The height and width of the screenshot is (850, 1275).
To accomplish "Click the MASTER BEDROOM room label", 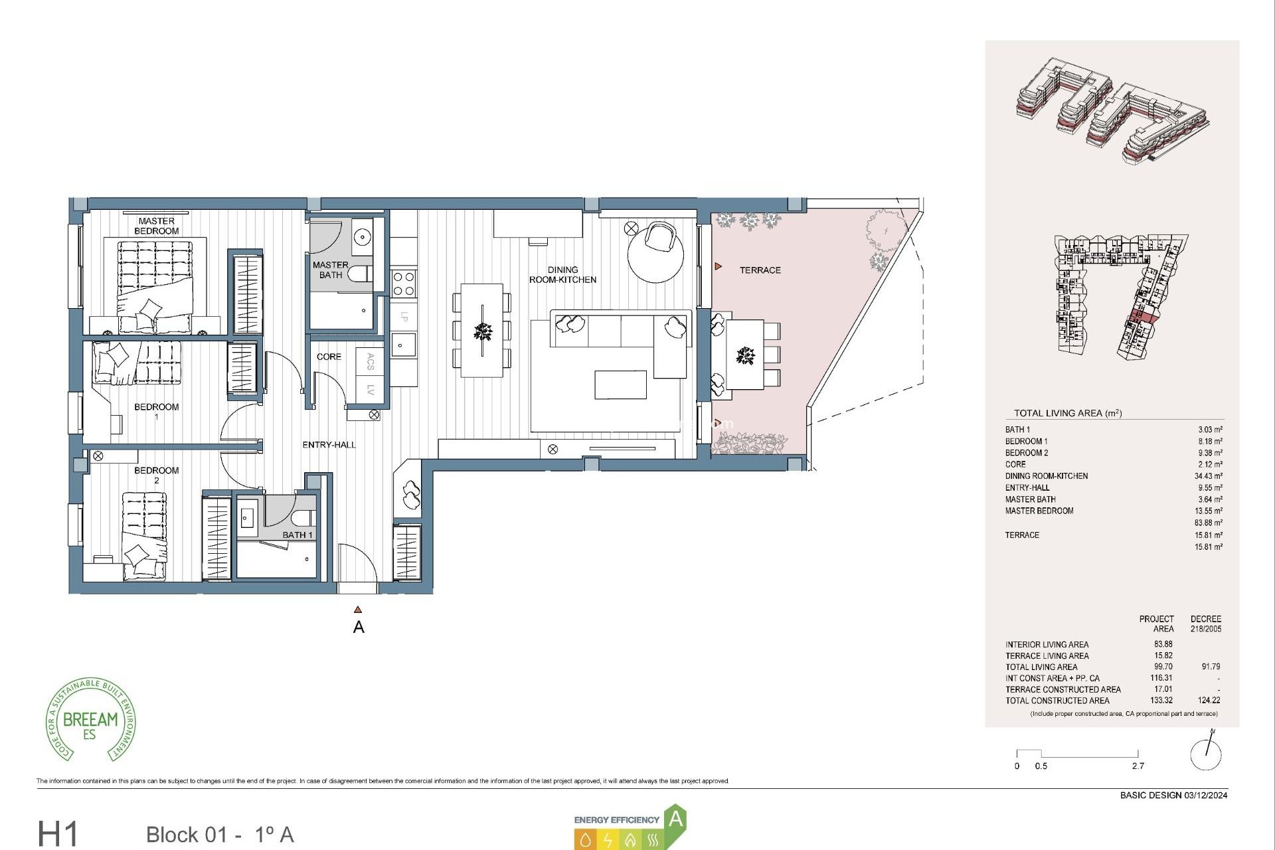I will click(x=156, y=226).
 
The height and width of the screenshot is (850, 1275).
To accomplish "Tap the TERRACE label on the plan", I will click(x=760, y=270).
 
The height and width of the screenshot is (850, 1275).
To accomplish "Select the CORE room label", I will click(x=329, y=357).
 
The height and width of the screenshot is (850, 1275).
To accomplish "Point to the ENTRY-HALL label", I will click(x=329, y=445).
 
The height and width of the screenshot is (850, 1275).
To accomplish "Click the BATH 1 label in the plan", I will click(x=297, y=535).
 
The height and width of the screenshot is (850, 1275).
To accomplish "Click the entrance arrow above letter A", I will click(x=358, y=609).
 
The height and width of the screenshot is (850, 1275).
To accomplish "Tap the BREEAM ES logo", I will click(x=91, y=721).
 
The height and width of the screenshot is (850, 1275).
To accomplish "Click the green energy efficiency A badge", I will click(x=675, y=819).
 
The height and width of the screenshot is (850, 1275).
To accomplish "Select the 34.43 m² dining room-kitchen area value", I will click(x=1208, y=476).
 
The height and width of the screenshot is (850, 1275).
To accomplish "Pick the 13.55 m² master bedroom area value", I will click(x=1208, y=511).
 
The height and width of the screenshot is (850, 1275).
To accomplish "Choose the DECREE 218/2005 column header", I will click(x=1205, y=624).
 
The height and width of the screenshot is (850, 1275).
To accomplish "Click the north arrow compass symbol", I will click(x=1206, y=752).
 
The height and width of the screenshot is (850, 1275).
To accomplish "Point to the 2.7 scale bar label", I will click(x=1138, y=766).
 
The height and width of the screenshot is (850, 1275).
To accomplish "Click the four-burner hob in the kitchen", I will click(x=403, y=284).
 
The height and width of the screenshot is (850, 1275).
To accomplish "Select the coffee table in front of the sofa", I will click(x=620, y=385).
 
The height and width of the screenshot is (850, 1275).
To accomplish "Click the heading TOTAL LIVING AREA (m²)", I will click(x=1067, y=413).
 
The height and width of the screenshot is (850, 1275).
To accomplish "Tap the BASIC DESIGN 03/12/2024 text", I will click(x=1173, y=795).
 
